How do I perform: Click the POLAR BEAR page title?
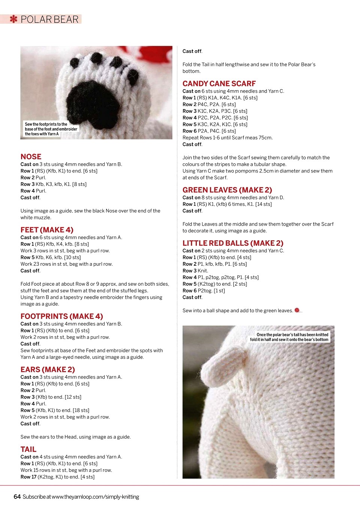click(x=49, y=19)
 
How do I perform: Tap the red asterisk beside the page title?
click(x=13, y=19)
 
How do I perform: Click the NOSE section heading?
click(x=31, y=157)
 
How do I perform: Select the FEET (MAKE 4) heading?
click(x=47, y=230)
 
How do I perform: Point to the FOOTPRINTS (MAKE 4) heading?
click(x=61, y=316)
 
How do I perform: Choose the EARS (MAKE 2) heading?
click(x=48, y=370)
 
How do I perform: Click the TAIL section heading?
click(x=28, y=449)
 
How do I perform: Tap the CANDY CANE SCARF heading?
click(x=219, y=84)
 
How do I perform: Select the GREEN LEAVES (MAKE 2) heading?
click(x=227, y=190)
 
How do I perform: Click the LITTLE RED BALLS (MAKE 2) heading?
click(x=233, y=243)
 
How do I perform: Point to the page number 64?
click(x=17, y=497)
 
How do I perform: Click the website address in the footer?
click(x=95, y=497)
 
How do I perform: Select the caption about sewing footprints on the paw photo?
click(x=51, y=129)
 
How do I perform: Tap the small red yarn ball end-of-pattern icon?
click(x=297, y=310)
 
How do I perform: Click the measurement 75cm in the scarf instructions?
click(x=265, y=138)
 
